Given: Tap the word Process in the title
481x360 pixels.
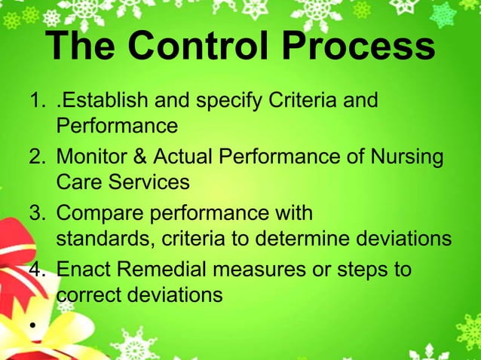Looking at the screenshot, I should [359, 47].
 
